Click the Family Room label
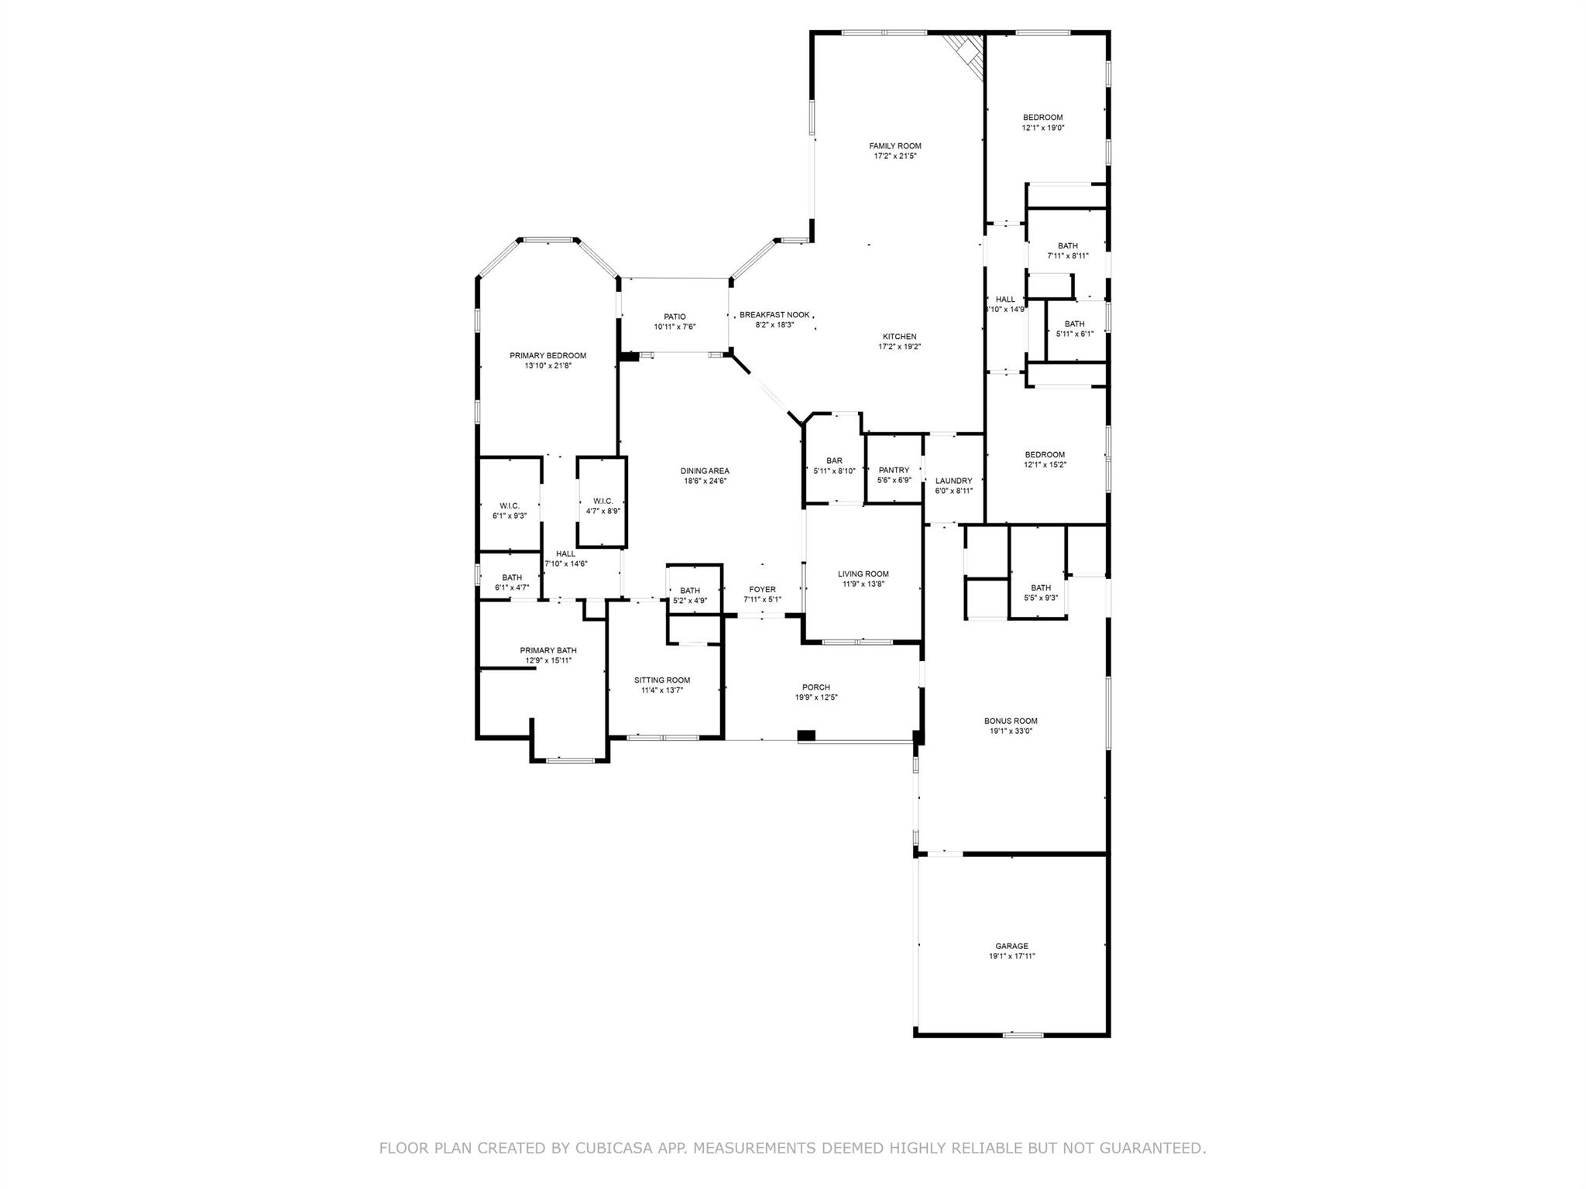[894, 146]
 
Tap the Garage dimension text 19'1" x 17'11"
[1011, 956]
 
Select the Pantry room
[894, 475]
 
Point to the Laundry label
[953, 481]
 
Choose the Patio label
[675, 317]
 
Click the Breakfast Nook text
[774, 314]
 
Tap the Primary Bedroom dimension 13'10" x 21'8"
[548, 365]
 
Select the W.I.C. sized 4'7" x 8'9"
[602, 505]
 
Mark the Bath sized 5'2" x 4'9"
[689, 595]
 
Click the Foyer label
[762, 589]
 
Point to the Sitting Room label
[661, 680]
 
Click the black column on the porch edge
[806, 735]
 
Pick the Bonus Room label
[1011, 721]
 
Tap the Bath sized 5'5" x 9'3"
[1040, 592]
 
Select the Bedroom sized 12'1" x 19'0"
[1042, 122]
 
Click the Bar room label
[833, 461]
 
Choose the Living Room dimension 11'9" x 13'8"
[863, 584]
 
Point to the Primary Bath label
[548, 650]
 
